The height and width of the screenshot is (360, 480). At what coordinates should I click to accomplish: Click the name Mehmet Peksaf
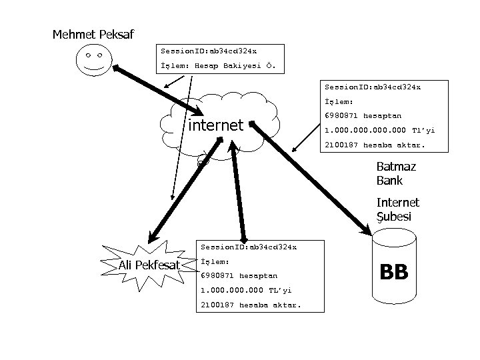pos(93,34)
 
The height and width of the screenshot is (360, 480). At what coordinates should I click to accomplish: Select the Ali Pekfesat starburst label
pos(149,266)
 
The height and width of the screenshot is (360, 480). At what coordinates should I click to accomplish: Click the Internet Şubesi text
pos(397,209)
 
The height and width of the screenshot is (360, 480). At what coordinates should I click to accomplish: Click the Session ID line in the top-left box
pos(208,51)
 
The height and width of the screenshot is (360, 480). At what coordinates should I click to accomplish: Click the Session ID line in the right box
pos(372,87)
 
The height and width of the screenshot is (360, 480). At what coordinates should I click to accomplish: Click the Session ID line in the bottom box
pos(248,247)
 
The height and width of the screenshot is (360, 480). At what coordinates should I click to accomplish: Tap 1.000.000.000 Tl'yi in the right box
pos(379,131)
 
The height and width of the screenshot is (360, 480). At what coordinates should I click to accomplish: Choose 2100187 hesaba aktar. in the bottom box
pos(251,305)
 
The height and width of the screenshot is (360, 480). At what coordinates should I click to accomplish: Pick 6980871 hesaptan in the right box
pos(363,116)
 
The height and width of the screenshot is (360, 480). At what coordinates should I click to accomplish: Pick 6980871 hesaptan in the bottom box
pos(239,275)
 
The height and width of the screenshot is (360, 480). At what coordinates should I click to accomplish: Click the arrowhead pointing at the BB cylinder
pos(366,229)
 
